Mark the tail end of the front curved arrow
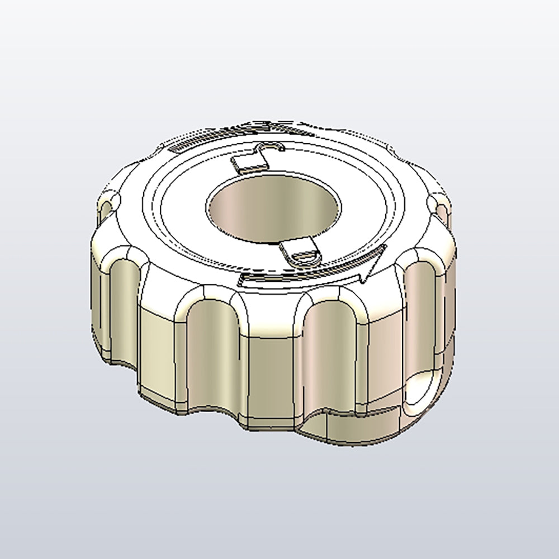click(246, 279)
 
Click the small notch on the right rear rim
click(442, 207)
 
